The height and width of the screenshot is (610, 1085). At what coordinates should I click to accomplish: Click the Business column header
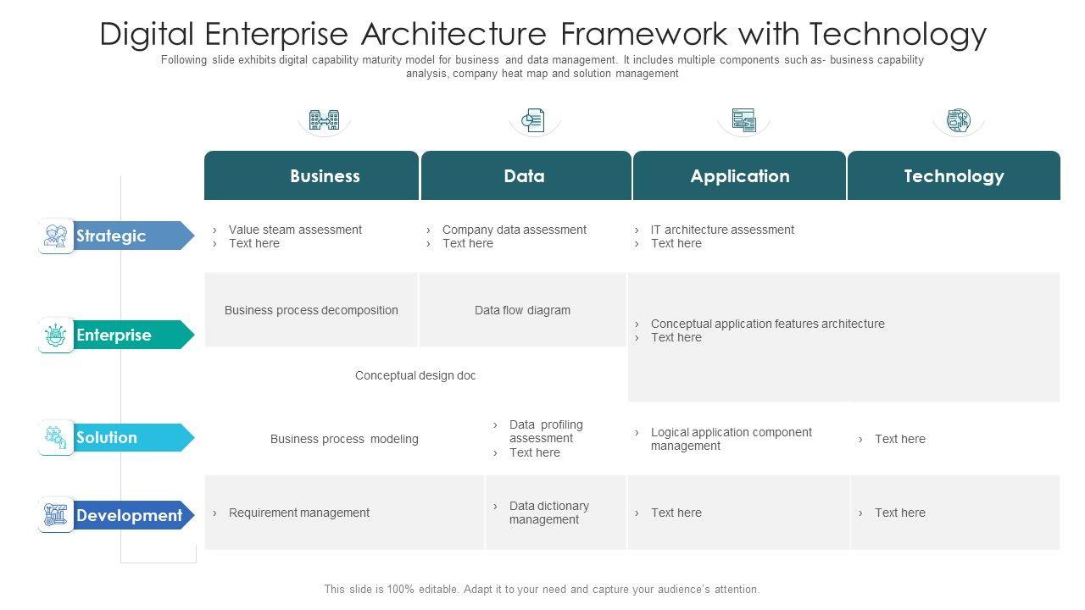pyautogui.click(x=325, y=176)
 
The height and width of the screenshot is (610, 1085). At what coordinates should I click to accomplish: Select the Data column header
pyautogui.click(x=524, y=176)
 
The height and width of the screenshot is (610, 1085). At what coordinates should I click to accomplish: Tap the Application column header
pyautogui.click(x=739, y=176)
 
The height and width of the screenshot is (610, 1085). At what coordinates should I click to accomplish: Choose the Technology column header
pyautogui.click(x=954, y=176)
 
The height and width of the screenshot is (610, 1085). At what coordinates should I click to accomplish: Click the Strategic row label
pyautogui.click(x=111, y=236)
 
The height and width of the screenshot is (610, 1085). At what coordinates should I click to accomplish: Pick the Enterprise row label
pyautogui.click(x=114, y=335)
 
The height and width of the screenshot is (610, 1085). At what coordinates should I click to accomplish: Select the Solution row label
pyautogui.click(x=107, y=437)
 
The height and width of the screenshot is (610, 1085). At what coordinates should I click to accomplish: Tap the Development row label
pyautogui.click(x=129, y=515)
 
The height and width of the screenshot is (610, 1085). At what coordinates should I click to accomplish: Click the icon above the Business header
pyautogui.click(x=324, y=120)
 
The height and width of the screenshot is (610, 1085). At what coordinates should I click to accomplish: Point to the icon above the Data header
pyautogui.click(x=534, y=120)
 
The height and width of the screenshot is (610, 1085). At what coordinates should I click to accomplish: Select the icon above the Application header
pyautogui.click(x=743, y=120)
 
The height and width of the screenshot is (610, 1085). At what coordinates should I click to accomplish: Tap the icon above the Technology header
pyautogui.click(x=958, y=120)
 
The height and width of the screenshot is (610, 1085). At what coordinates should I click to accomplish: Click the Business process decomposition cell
pyautogui.click(x=311, y=310)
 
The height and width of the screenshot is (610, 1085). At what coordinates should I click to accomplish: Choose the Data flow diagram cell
pyautogui.click(x=522, y=310)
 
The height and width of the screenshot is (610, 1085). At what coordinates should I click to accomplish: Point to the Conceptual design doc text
pyautogui.click(x=415, y=375)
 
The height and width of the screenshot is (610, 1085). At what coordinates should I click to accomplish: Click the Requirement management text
pyautogui.click(x=298, y=513)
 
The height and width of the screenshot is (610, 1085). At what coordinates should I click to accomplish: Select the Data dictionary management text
pyautogui.click(x=548, y=513)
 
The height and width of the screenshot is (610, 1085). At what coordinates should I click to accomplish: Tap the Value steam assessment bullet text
pyautogui.click(x=295, y=230)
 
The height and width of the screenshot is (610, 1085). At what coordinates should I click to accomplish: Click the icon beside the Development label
pyautogui.click(x=56, y=514)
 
